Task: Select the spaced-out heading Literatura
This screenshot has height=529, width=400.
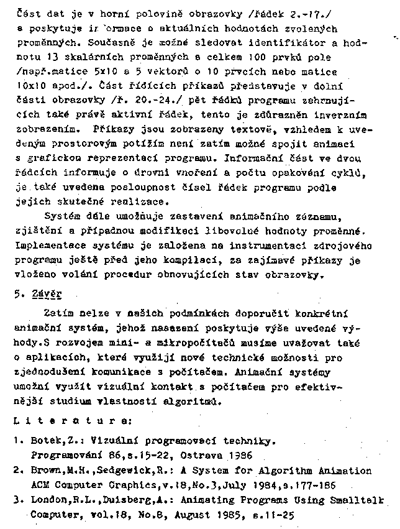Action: tap(72, 421)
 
